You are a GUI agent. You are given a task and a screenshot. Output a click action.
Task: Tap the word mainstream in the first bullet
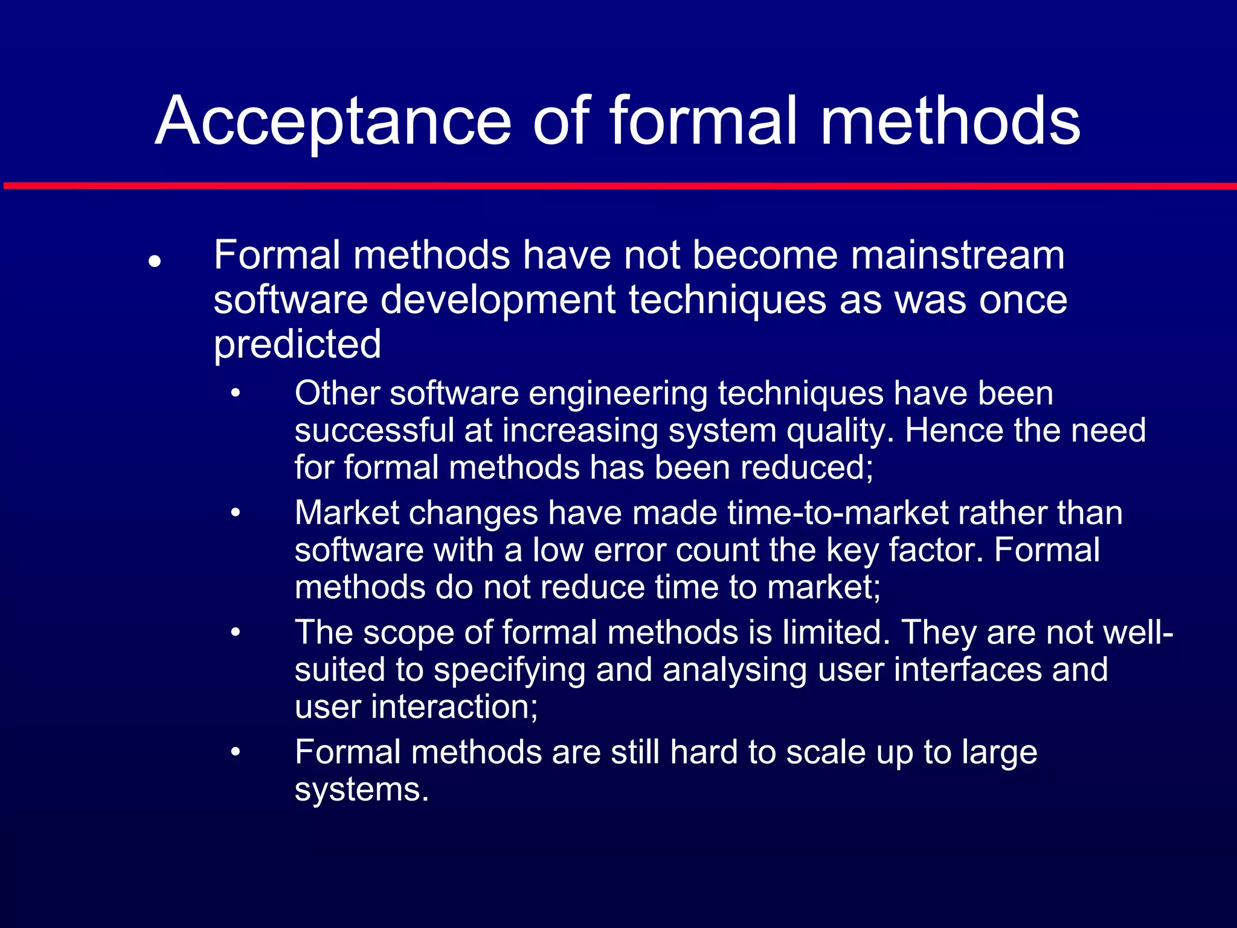point(957,255)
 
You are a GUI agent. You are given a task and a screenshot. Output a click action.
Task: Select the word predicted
point(297,344)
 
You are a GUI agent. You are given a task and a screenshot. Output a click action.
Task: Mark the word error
point(630,550)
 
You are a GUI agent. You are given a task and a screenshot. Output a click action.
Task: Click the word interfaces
point(967,670)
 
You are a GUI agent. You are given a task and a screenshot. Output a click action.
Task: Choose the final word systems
point(361,790)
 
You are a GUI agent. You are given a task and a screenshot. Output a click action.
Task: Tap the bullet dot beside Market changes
point(236,514)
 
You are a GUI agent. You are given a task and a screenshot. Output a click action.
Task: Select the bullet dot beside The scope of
point(236,633)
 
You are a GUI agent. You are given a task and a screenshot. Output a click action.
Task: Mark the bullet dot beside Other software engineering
point(236,394)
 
